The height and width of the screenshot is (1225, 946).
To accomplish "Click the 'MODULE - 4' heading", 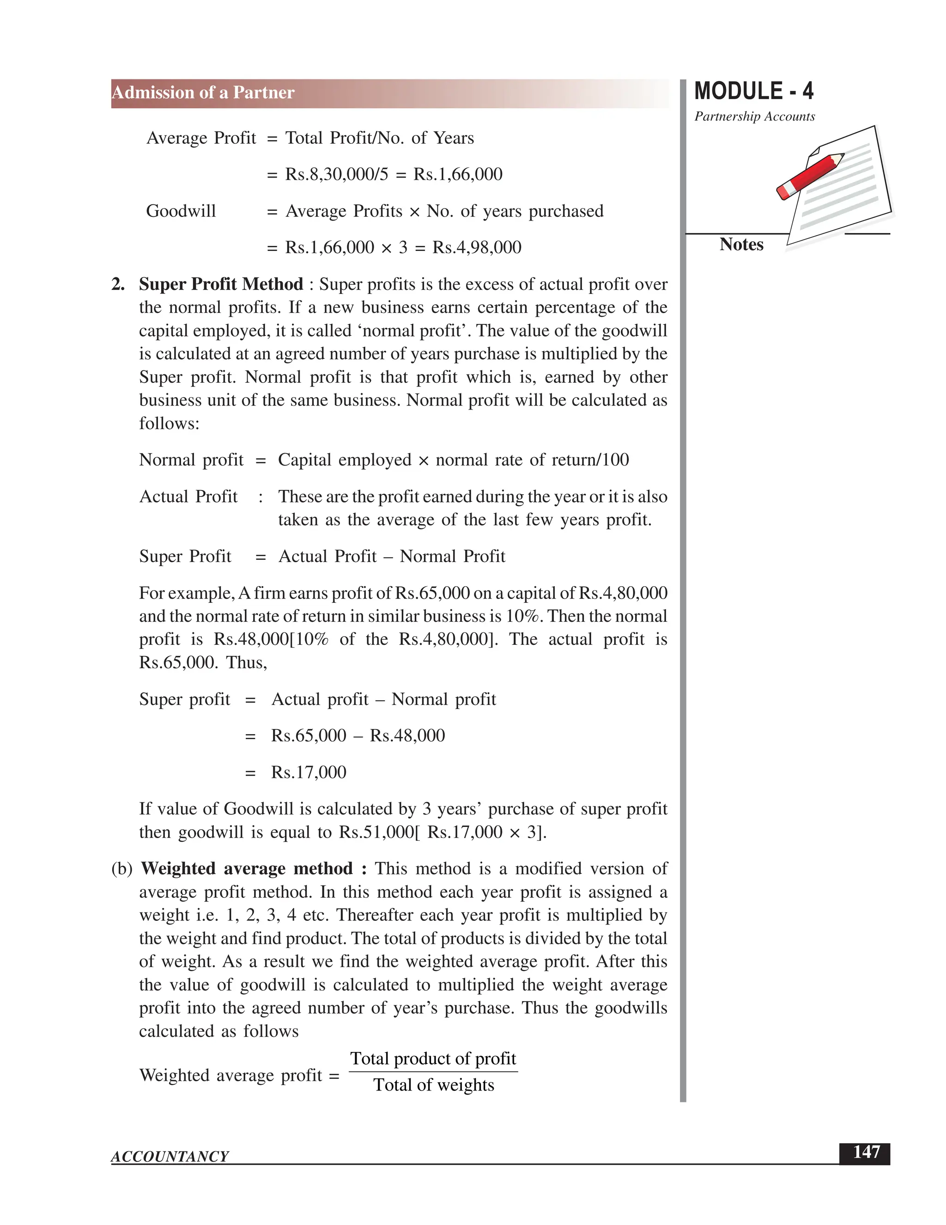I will (753, 92).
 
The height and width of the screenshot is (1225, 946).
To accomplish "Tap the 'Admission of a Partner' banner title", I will (203, 92).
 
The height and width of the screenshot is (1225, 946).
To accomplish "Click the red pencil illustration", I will (810, 175).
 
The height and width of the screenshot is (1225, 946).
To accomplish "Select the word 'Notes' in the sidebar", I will (741, 245).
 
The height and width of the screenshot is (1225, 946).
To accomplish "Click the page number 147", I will (866, 1152).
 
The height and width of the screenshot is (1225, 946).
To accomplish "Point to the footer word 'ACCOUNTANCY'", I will (170, 1157).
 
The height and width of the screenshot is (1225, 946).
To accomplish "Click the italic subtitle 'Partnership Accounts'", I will (754, 116).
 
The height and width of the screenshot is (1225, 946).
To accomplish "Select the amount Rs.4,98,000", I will (476, 247).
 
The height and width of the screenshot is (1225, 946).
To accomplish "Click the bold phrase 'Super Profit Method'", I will (221, 284).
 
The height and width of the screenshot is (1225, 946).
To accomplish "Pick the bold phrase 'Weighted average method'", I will (247, 869).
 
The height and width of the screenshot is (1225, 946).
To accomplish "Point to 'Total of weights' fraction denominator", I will (434, 1085).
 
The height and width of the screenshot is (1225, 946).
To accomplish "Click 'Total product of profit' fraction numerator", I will (433, 1059).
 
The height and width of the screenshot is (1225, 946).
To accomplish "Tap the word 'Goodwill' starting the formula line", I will (181, 211).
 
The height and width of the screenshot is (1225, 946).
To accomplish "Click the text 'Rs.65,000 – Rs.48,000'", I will (358, 736).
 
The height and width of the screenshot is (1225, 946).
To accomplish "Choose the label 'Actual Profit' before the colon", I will (188, 497).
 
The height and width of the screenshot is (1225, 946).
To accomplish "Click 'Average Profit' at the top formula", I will (200, 138).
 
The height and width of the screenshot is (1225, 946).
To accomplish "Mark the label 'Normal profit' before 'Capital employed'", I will (191, 460).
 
